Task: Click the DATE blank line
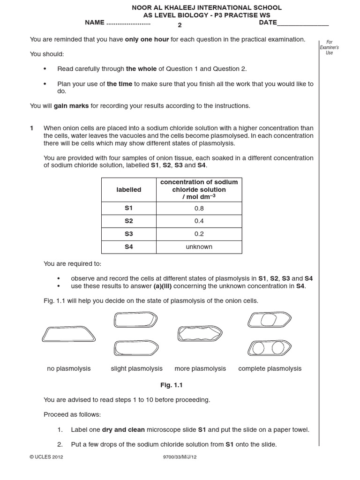click(x=303, y=23)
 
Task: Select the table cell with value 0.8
click(x=199, y=208)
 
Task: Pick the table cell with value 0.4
click(x=199, y=221)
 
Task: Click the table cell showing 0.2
click(x=199, y=234)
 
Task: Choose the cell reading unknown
click(x=199, y=247)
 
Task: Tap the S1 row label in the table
click(x=129, y=208)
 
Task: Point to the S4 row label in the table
click(x=129, y=247)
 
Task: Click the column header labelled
click(x=129, y=189)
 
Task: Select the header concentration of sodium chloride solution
click(x=199, y=189)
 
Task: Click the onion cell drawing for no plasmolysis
click(x=69, y=334)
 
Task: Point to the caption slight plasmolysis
click(x=136, y=368)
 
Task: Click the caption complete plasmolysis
click(x=270, y=368)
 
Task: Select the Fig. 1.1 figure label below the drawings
click(x=171, y=385)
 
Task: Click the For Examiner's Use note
click(x=329, y=47)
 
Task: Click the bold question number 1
click(x=32, y=128)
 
